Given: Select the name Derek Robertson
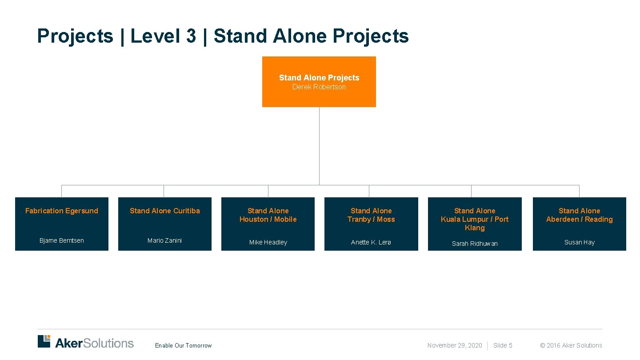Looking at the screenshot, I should [x=319, y=87].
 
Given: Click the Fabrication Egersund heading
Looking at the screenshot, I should [x=62, y=211].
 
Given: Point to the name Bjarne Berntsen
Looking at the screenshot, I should [x=62, y=240].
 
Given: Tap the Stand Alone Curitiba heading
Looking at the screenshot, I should [x=165, y=211].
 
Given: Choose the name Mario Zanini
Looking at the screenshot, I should [x=165, y=240].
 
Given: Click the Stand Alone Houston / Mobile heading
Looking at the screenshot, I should [x=268, y=215].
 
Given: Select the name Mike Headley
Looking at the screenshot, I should [x=268, y=242].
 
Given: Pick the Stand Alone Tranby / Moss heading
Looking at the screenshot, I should [x=371, y=215].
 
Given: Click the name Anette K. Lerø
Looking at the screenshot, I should [x=371, y=242].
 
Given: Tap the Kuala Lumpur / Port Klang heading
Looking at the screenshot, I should [x=475, y=219].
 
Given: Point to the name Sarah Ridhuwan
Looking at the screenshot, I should [x=475, y=244].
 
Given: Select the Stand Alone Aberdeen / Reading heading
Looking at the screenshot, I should [x=580, y=215].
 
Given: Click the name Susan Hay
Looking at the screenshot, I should [x=580, y=242].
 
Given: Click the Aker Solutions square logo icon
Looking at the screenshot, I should [x=44, y=341].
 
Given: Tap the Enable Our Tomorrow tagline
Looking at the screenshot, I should [x=183, y=345].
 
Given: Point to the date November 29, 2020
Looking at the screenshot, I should [x=455, y=345].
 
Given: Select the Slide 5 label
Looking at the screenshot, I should [x=503, y=345].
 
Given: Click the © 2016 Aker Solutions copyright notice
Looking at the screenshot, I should [x=571, y=345].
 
